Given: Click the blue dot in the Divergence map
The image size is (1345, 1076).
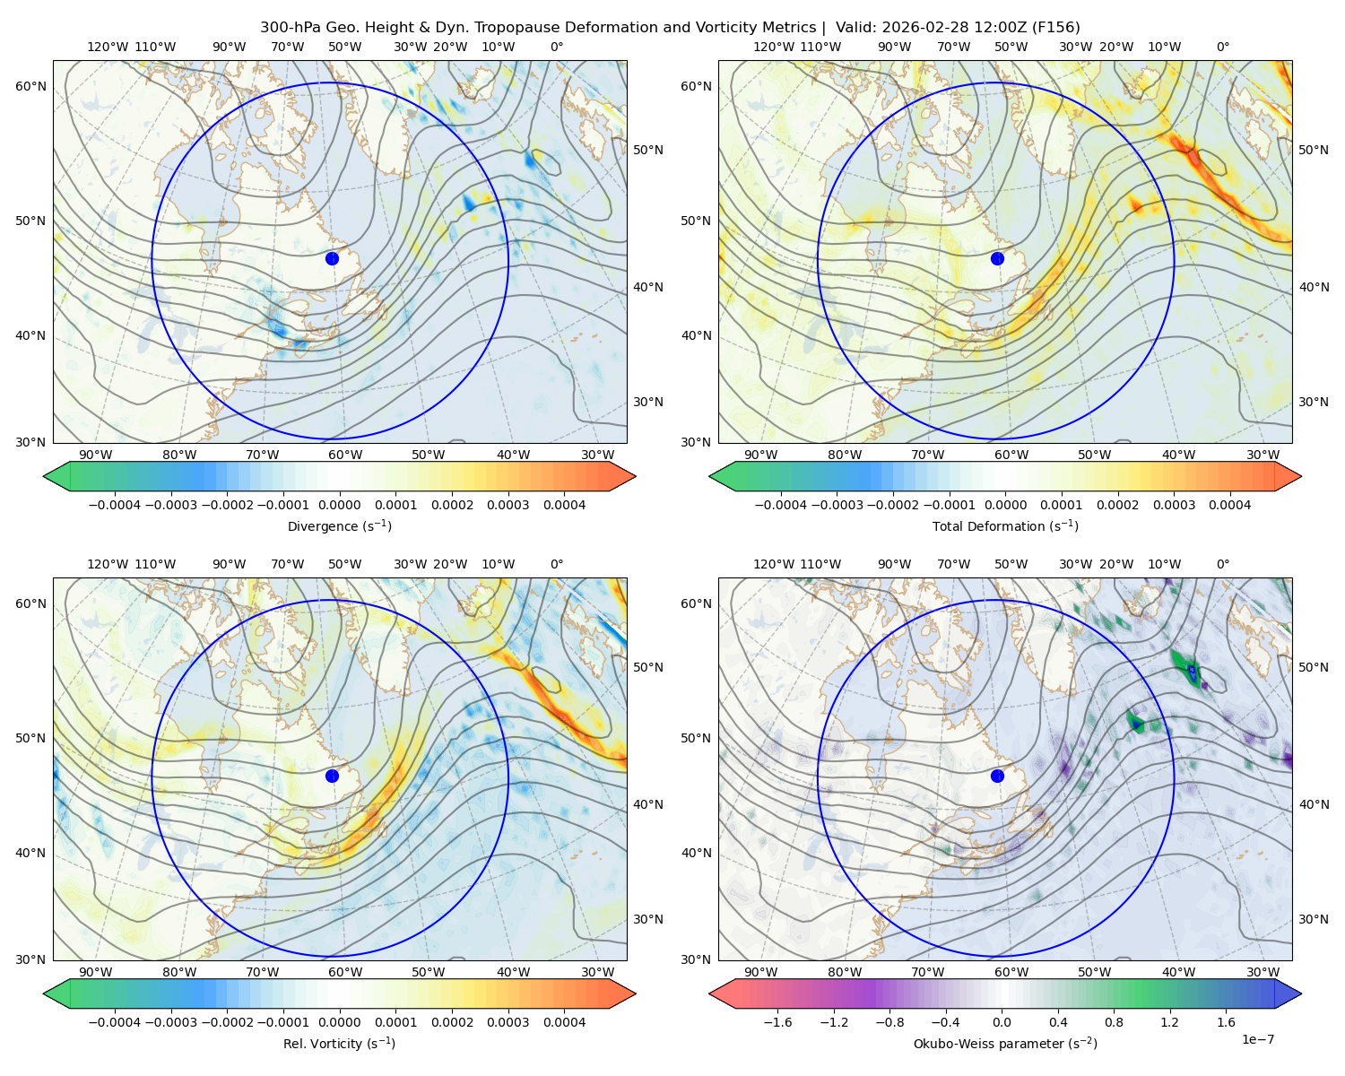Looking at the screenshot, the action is [332, 258].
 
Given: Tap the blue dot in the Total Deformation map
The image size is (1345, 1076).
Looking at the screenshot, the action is [997, 258].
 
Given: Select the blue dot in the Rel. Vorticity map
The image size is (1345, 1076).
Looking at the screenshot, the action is [332, 776].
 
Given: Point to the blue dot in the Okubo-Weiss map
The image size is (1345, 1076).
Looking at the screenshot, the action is [997, 776].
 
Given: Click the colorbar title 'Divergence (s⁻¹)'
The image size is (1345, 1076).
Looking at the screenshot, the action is [339, 525].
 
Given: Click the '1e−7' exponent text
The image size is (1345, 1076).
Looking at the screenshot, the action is [1257, 1039].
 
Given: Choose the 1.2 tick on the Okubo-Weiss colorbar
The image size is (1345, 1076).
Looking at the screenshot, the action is [1169, 1021].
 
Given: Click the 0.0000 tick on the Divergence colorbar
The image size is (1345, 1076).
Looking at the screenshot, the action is [339, 505].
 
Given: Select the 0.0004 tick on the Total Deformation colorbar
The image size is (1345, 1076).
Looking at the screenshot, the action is [1229, 505].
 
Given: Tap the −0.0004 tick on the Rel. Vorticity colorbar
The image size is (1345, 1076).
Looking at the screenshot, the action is [115, 1021].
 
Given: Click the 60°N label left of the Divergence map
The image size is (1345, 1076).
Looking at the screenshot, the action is [30, 86].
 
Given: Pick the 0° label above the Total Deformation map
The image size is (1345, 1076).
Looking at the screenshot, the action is [1222, 47].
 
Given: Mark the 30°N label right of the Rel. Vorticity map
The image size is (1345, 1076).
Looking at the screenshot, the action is [648, 919].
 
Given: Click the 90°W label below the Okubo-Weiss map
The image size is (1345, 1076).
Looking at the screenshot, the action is [760, 972].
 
